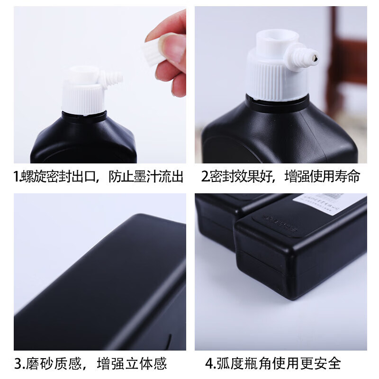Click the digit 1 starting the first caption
[x=16, y=177]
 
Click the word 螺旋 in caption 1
[x=32, y=177]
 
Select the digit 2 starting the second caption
[x=205, y=177]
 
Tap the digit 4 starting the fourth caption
[x=209, y=364]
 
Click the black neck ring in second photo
[x=277, y=104]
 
